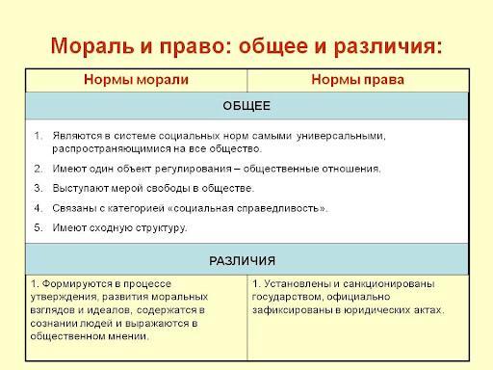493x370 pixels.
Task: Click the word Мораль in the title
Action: point(92,46)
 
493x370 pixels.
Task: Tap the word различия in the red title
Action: point(385,47)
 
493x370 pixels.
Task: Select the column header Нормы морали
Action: point(136,80)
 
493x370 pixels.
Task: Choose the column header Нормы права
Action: point(357,80)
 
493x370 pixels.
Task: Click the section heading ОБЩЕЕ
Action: point(246,106)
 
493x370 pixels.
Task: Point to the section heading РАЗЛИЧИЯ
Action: point(243,261)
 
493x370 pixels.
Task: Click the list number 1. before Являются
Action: point(39,136)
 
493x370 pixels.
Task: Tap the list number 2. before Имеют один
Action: point(39,169)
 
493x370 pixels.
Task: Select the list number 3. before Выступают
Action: point(39,188)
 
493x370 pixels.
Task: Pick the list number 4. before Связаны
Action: point(39,208)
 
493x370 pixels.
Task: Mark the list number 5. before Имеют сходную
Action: point(39,227)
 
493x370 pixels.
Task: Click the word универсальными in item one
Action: point(341,137)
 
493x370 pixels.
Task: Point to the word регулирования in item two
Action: point(194,170)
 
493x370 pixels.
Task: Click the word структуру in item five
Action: point(161,228)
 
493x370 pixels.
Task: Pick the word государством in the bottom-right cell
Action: point(287,298)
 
